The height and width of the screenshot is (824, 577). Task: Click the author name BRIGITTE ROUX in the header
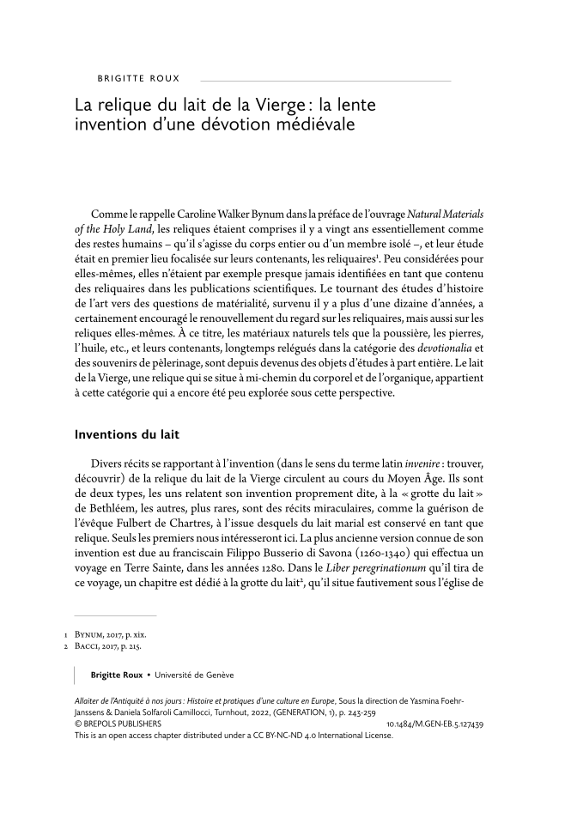tap(138, 78)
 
